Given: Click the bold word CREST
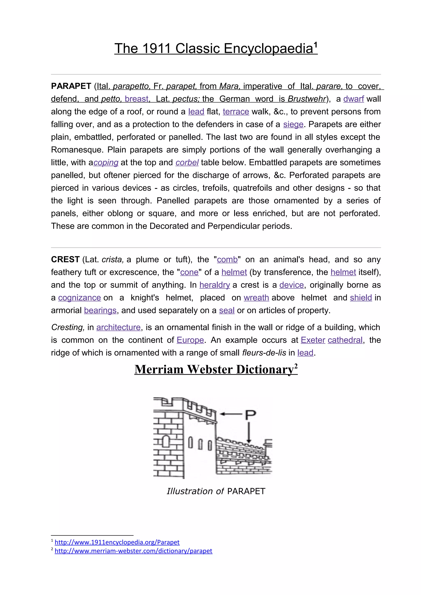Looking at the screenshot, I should pos(65,259).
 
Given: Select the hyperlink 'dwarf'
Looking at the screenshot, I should pos(354,99).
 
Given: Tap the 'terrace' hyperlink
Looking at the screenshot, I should pos(236,111).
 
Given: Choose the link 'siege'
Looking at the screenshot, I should pos(293,124).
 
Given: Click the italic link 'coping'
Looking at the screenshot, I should pos(106,162).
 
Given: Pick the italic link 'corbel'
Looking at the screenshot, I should pos(187,162).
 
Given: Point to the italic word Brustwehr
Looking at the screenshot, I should pos(307,99).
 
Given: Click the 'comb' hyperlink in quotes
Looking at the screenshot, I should pos(227,259).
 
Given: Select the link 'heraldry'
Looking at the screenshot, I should pos(215,285).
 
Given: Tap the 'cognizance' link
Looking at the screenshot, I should pos(79,297).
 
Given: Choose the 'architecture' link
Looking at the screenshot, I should pos(118,327).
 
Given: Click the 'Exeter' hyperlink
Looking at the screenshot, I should pos(313,340).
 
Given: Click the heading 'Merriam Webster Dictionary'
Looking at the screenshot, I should pos(216,370).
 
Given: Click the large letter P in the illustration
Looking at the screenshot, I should pos(250,415).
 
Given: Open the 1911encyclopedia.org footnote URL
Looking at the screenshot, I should pos(117,542).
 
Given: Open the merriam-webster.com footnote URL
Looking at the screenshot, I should pos(133,551).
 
